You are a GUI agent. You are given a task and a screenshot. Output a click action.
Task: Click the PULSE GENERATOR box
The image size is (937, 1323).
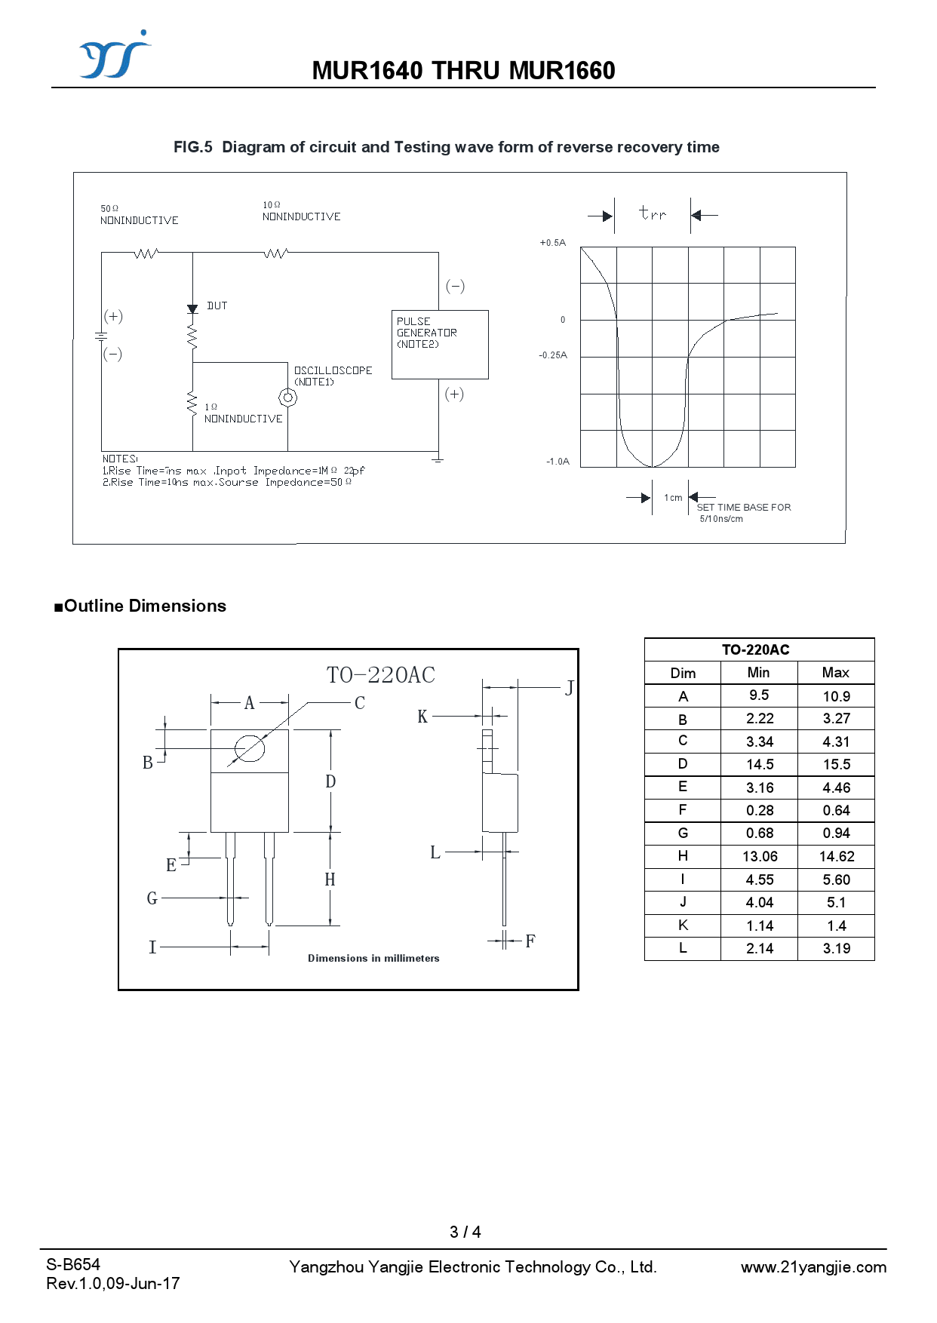tap(440, 344)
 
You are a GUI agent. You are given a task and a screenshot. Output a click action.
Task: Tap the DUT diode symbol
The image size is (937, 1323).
tap(192, 308)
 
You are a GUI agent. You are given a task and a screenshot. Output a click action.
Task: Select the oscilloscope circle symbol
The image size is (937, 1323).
tap(287, 397)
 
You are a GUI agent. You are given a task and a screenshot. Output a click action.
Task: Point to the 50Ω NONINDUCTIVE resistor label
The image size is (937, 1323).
tap(139, 215)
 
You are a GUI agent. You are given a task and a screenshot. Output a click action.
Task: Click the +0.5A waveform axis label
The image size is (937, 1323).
tap(552, 243)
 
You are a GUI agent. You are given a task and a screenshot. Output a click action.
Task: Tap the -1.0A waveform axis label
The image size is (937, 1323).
tap(558, 462)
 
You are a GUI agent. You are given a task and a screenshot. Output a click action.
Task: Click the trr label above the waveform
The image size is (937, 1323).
tap(653, 213)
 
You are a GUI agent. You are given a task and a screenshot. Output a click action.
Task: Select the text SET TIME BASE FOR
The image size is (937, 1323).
tap(743, 508)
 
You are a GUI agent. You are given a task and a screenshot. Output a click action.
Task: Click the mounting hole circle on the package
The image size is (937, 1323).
tap(250, 749)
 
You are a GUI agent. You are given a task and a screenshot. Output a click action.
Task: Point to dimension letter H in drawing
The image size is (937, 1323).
tap(330, 879)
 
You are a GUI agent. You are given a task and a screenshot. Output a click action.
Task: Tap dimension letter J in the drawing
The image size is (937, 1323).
tap(570, 688)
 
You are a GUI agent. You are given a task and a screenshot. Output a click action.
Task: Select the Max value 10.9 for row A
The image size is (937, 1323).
tap(836, 696)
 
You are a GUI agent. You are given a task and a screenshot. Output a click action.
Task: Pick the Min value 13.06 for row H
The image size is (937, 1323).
tap(760, 856)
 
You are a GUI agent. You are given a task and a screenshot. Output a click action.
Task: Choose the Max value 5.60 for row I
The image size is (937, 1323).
tap(836, 879)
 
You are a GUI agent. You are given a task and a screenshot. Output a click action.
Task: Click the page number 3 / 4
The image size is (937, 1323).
tap(465, 1232)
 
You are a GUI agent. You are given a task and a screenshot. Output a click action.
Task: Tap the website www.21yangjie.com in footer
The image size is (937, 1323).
tap(813, 1267)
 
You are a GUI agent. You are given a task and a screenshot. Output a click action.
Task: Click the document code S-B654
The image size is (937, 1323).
tap(73, 1265)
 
